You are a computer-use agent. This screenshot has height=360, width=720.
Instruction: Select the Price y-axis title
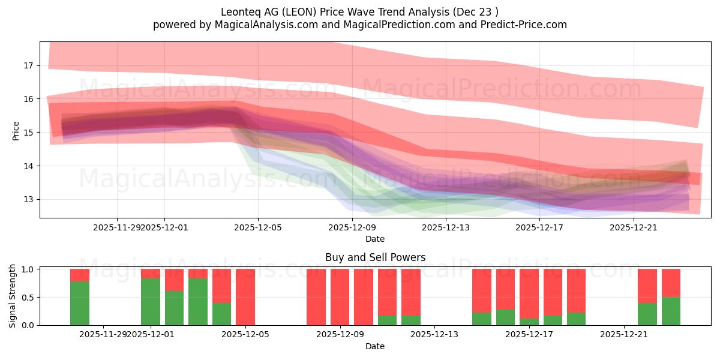tap(16, 131)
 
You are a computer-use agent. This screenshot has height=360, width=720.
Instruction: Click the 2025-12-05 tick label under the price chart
tap(258, 227)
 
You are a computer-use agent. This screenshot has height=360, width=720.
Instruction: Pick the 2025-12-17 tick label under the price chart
tap(540, 227)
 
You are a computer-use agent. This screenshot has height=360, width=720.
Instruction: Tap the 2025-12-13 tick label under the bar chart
tap(434, 335)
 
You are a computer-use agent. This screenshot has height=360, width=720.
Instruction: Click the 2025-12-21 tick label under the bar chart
tap(625, 335)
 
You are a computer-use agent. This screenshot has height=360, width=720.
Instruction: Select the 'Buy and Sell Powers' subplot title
tap(375, 257)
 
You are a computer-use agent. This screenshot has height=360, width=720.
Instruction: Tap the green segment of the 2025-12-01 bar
tap(151, 302)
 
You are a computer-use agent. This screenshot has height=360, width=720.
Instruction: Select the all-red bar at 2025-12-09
tap(340, 297)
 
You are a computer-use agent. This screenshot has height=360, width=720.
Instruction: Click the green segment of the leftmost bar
tap(80, 303)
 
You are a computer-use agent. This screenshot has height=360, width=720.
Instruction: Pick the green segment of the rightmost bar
tap(671, 311)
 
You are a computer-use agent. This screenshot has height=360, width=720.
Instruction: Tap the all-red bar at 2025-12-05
tap(245, 297)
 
